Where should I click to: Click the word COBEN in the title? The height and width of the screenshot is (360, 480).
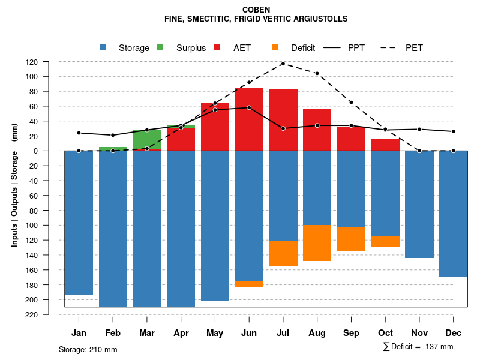(256, 10)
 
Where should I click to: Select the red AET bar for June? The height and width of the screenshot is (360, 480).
(249, 119)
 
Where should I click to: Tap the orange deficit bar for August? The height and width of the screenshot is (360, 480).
(317, 243)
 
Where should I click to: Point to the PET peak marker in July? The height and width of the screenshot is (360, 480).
(283, 64)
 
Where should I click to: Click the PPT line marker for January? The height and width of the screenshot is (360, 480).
(79, 133)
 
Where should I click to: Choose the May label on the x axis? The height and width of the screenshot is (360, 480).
(215, 333)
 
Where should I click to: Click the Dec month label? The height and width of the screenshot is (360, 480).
(453, 333)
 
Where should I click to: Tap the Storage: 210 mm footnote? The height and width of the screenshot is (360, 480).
(88, 349)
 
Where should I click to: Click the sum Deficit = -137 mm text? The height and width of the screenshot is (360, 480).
(418, 346)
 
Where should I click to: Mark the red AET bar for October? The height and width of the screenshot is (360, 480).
(385, 145)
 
